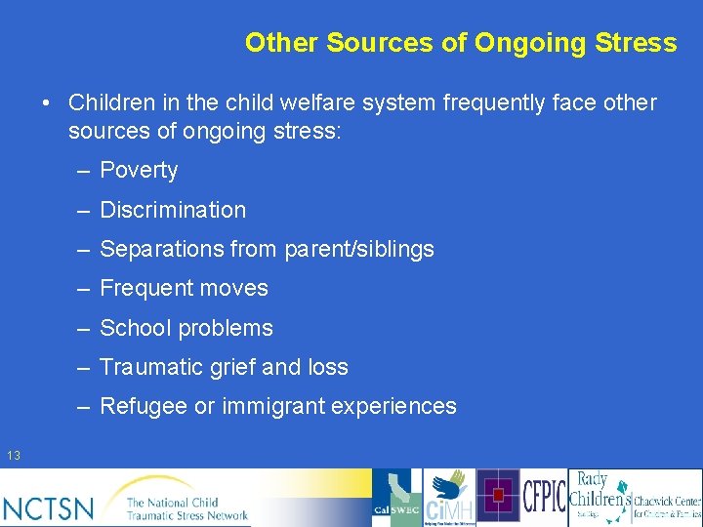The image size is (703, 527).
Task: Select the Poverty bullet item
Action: (139, 171)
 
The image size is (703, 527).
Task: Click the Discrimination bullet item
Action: (173, 210)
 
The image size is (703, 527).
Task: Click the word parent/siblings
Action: (359, 250)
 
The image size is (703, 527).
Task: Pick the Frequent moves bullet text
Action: (184, 289)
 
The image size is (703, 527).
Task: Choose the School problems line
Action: (186, 329)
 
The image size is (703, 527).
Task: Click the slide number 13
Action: (14, 456)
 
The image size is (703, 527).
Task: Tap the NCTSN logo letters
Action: (49, 507)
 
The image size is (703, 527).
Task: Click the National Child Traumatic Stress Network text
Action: (186, 508)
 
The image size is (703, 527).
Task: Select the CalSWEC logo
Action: (396, 498)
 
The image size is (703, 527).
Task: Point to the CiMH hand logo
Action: (448, 497)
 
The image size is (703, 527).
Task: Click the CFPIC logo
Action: (544, 498)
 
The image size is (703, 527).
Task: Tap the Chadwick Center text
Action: (667, 507)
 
